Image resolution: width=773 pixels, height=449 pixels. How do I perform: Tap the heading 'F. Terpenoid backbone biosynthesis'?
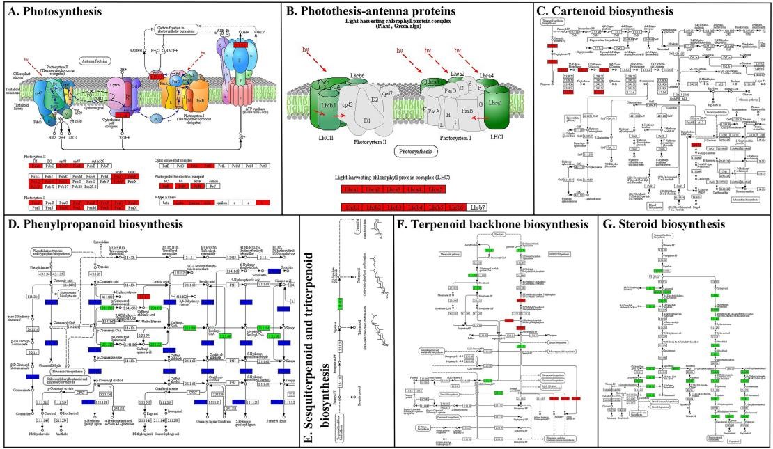(x=491, y=224)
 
